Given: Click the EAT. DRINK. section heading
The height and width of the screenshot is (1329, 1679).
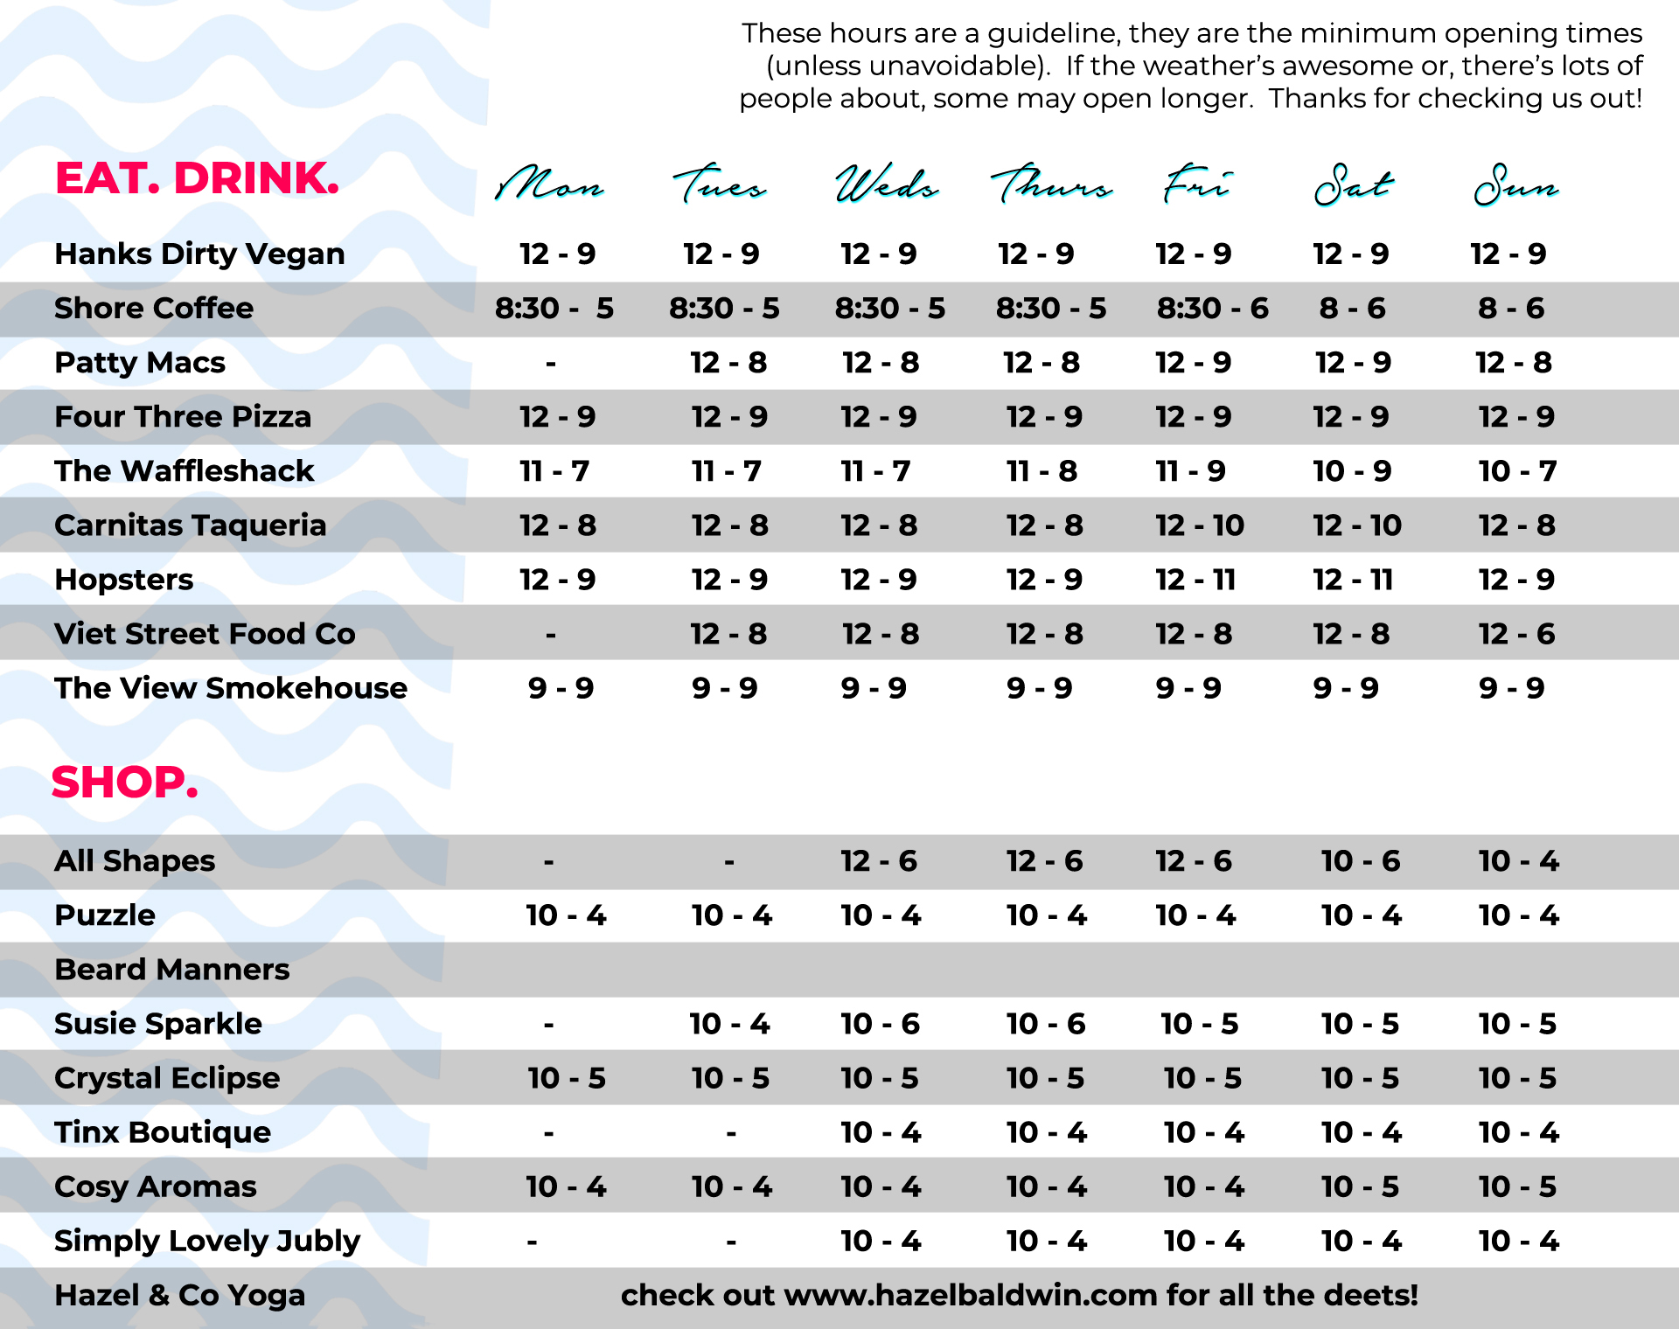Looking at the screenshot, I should tap(197, 178).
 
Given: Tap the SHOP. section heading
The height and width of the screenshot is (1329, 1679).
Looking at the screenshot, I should tap(125, 783).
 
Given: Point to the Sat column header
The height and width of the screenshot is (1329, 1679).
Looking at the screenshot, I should tap(1353, 185).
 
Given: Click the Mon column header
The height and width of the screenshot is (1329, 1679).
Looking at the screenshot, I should tap(549, 185).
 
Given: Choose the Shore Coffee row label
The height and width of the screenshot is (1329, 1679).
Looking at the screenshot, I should tap(154, 309).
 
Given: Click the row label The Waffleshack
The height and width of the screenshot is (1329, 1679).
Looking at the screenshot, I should tap(184, 471).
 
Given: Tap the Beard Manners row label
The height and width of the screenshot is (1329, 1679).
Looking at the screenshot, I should tap(171, 970).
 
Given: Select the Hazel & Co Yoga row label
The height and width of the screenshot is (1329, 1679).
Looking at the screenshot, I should tap(179, 1295).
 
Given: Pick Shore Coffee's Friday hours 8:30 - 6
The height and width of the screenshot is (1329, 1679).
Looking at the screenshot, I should tap(1212, 309).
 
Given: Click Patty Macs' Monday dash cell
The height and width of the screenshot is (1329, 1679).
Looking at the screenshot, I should tap(550, 363).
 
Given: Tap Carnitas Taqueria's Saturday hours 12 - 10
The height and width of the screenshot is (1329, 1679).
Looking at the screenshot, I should tap(1356, 525).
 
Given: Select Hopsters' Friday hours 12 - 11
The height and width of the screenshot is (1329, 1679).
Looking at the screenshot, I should tap(1195, 580).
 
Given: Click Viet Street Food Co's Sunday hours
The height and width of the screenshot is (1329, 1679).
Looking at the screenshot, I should tap(1516, 634).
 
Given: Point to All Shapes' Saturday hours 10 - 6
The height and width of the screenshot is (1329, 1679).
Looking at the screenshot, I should tap(1360, 861).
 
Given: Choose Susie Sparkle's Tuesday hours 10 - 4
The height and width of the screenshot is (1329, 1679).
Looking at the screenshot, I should tap(729, 1024).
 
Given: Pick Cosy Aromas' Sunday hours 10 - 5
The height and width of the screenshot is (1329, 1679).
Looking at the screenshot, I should tap(1517, 1186).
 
